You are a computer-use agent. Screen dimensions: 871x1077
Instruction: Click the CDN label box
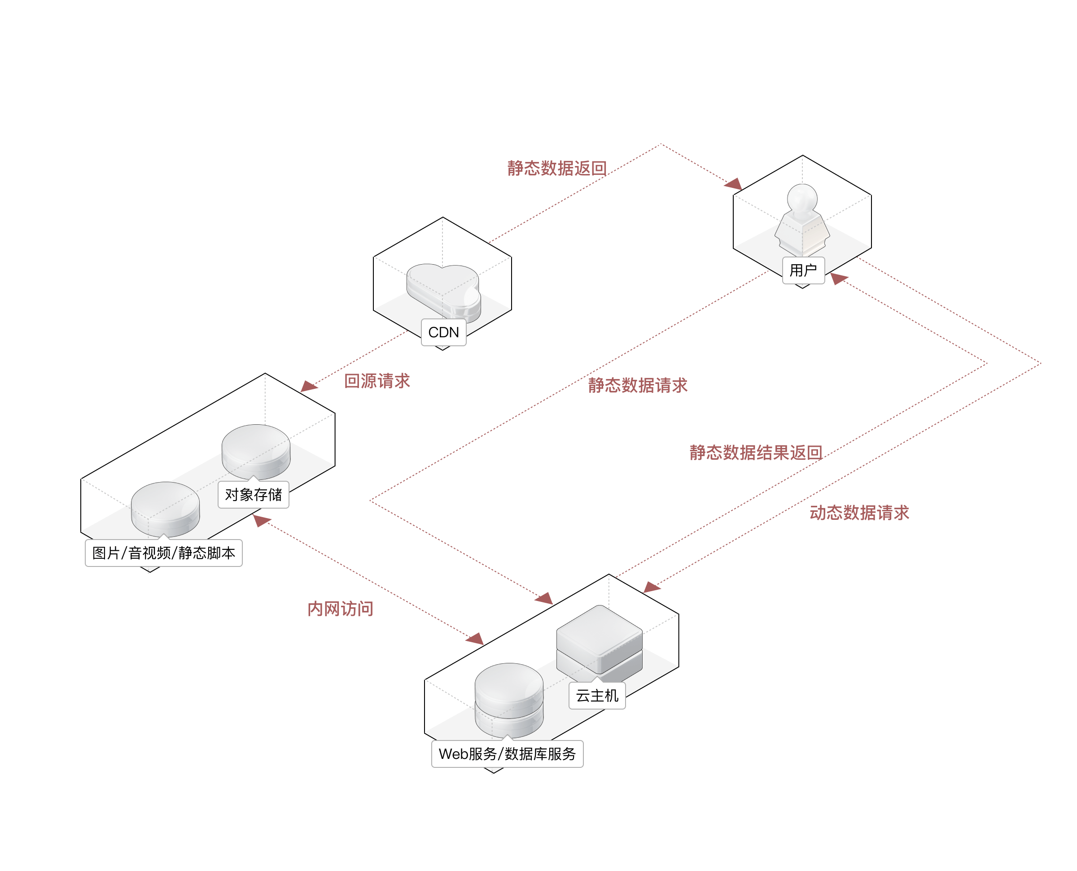point(444,332)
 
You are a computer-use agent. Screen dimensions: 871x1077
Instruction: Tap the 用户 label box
point(803,270)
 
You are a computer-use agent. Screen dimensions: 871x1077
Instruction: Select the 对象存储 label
point(254,495)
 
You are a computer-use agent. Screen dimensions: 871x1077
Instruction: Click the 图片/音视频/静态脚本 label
point(164,553)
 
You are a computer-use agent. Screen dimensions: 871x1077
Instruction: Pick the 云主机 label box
point(597,695)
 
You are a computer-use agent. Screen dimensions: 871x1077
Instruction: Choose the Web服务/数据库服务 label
point(507,753)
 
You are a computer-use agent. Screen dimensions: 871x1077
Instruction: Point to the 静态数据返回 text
point(557,168)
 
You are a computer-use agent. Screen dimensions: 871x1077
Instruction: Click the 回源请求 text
point(377,381)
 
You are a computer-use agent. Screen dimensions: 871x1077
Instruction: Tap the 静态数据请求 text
point(637,385)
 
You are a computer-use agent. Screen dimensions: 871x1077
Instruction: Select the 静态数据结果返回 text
point(755,453)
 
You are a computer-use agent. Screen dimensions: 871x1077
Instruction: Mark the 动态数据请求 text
point(859,513)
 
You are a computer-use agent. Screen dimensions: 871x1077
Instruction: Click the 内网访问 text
point(340,609)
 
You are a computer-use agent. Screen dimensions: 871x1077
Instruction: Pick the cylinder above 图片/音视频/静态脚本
point(165,508)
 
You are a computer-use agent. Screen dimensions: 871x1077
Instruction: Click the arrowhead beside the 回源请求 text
point(308,386)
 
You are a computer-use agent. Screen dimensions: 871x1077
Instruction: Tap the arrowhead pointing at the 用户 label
point(839,278)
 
